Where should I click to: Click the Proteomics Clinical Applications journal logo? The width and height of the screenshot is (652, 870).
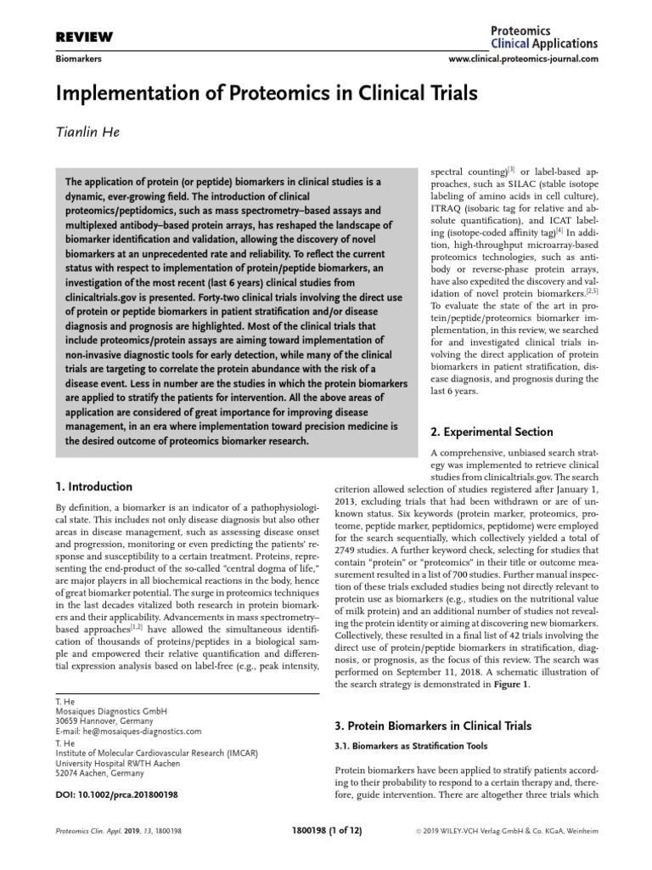(544, 37)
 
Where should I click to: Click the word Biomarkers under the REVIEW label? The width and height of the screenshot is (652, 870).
(77, 59)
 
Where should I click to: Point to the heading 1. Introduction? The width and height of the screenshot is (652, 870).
(93, 487)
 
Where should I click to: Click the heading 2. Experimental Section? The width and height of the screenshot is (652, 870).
(492, 432)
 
